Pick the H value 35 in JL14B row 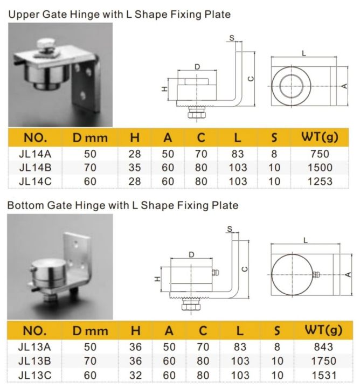coord(135,167)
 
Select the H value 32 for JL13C coord(135,375)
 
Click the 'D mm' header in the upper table coord(91,138)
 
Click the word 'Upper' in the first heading coord(22,15)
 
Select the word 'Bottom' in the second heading coord(24,205)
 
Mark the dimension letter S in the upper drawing coord(232,38)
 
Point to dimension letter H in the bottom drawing coord(156,279)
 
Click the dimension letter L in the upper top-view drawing coord(304,53)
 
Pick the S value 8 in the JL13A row coord(274,348)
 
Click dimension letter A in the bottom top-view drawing coord(348,274)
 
